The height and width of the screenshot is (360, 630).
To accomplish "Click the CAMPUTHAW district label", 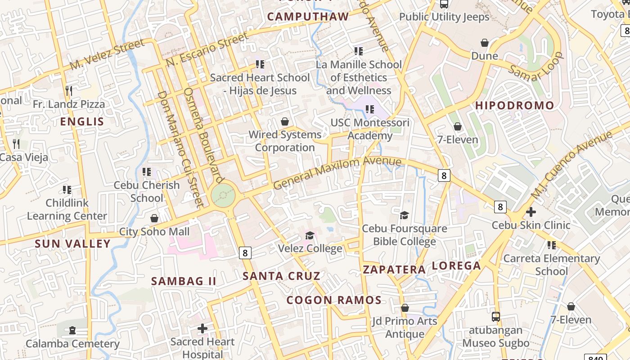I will (308, 17).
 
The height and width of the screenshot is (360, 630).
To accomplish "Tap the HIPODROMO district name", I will (515, 106).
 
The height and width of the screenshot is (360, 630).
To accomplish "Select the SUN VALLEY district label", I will (73, 244).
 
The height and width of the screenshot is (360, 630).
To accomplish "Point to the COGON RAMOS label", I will (334, 300).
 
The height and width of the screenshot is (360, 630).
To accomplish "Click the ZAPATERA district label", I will (394, 270).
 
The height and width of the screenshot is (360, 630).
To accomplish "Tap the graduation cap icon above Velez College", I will (310, 235).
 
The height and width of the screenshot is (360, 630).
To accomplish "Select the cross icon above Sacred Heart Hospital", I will (202, 328).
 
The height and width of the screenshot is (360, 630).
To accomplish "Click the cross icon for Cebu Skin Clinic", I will (531, 211).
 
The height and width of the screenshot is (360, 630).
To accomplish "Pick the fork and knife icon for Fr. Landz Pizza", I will (68, 90).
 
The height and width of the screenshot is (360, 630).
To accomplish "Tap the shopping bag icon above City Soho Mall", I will (154, 218).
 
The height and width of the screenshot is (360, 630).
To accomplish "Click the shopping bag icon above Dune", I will (485, 43).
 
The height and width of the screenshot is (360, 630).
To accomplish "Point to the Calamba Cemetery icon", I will (72, 330).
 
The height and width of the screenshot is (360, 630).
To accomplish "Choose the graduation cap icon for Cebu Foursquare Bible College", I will (404, 215).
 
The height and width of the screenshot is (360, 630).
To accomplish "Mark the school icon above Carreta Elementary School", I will (551, 245).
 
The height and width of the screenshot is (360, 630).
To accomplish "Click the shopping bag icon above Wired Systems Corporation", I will (285, 121).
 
